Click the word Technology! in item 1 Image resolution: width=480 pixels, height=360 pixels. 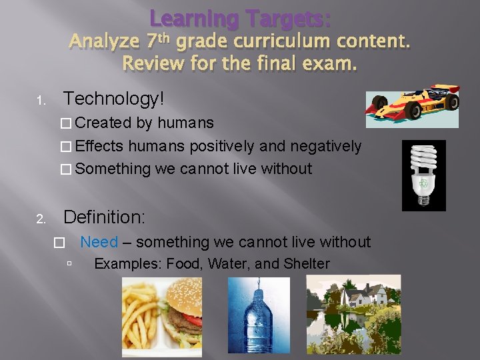(113, 99)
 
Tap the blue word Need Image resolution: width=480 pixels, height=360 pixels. (99, 243)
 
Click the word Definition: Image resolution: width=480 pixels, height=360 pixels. (103, 217)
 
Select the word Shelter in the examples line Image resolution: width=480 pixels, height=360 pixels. (307, 264)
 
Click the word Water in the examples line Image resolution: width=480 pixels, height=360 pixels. (226, 264)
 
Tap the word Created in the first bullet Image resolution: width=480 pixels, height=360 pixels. (103, 123)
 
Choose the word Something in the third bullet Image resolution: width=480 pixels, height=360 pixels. (113, 169)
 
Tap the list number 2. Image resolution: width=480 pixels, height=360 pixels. (40, 219)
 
